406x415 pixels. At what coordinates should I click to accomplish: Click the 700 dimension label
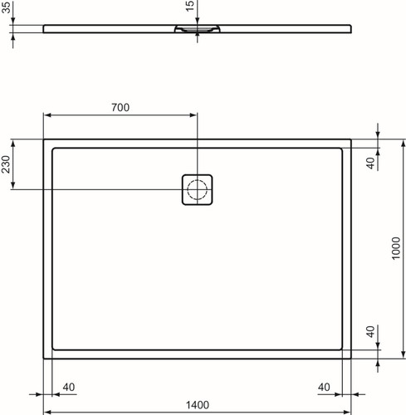[120, 107]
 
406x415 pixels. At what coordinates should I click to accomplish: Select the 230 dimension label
[6, 164]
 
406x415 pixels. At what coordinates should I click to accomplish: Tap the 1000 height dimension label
[396, 248]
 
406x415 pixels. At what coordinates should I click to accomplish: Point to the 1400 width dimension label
[197, 405]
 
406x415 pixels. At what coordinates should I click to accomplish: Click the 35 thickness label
[6, 7]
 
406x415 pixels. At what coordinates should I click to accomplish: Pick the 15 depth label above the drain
[189, 6]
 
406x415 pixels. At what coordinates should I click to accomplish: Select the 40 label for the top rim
[370, 163]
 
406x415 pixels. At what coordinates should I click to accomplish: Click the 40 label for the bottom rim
[370, 331]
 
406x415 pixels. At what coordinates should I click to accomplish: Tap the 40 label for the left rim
[69, 387]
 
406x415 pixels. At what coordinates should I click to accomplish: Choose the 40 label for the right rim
[324, 387]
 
